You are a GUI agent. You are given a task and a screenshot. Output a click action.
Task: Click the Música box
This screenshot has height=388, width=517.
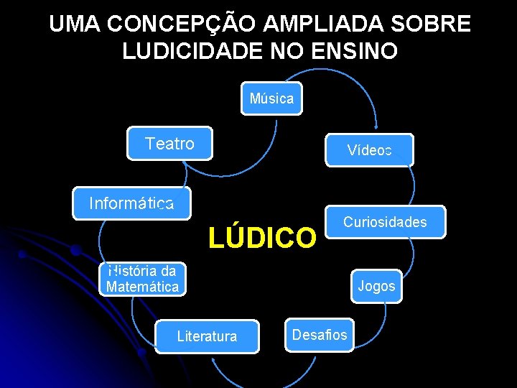271,99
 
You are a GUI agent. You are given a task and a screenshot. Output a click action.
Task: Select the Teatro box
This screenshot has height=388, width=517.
169,144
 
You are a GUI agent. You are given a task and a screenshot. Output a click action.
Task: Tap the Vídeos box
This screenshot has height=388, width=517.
369,150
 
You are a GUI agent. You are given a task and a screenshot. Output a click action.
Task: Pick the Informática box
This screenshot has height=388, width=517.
132,203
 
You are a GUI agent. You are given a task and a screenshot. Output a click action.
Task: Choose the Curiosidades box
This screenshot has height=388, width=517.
385,222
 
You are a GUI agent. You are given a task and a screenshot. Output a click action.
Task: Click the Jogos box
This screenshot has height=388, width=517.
376,286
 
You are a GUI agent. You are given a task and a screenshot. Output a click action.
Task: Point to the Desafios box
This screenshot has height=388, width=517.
319,335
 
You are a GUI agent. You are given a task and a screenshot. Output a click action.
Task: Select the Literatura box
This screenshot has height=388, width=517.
207,336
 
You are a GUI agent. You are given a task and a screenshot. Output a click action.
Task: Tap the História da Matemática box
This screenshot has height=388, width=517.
142,279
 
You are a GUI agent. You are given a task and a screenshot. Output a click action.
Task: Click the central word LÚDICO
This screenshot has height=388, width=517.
262,237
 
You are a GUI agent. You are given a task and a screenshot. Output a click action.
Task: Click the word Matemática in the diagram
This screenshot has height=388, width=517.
142,287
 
